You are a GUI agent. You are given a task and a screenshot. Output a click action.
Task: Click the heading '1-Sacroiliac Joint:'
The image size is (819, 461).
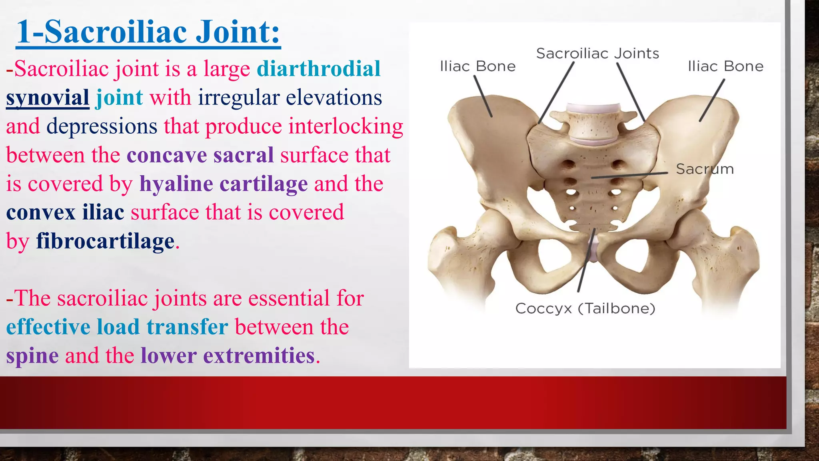coord(148,32)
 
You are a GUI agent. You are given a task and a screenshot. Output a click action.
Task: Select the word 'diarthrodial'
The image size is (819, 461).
coord(318,69)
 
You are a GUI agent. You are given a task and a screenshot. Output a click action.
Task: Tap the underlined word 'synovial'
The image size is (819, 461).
coord(48,98)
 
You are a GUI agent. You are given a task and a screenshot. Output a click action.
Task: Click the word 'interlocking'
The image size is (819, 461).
coord(346,126)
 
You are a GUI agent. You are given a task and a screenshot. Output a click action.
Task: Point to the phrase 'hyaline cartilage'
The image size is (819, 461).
coord(224,184)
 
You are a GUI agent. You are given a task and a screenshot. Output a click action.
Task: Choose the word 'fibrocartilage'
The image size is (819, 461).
coord(106,241)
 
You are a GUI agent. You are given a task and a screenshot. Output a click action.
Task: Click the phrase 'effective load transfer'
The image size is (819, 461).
coord(117,327)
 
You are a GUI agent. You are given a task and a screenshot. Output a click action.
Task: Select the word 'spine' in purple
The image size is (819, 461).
coord(32,356)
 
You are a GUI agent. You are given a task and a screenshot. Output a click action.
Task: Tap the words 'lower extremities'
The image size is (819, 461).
coord(228,356)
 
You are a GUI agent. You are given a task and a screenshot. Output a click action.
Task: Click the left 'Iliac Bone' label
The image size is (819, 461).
coord(477,66)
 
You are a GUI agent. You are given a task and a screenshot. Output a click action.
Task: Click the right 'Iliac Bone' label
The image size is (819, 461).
coord(725,66)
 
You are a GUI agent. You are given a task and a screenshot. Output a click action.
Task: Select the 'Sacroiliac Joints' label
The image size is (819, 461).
coord(597,54)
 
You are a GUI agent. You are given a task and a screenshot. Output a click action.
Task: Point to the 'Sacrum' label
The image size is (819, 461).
coord(705,169)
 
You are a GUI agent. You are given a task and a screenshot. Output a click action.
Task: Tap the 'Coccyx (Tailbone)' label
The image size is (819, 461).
coord(585,309)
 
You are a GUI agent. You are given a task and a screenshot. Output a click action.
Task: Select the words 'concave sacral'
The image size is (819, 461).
coord(200,155)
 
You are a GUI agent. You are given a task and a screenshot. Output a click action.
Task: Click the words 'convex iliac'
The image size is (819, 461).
coord(65,212)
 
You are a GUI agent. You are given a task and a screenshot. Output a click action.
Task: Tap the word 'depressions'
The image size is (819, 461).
coord(102,126)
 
